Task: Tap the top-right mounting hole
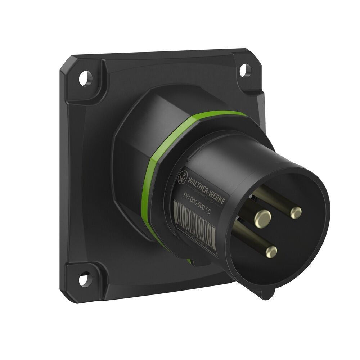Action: tap(245, 68)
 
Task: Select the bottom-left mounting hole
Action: tap(83, 278)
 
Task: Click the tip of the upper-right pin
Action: tap(296, 213)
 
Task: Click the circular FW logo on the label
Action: tap(183, 176)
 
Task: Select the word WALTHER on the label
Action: tap(199, 184)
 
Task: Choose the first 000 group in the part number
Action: tap(195, 202)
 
